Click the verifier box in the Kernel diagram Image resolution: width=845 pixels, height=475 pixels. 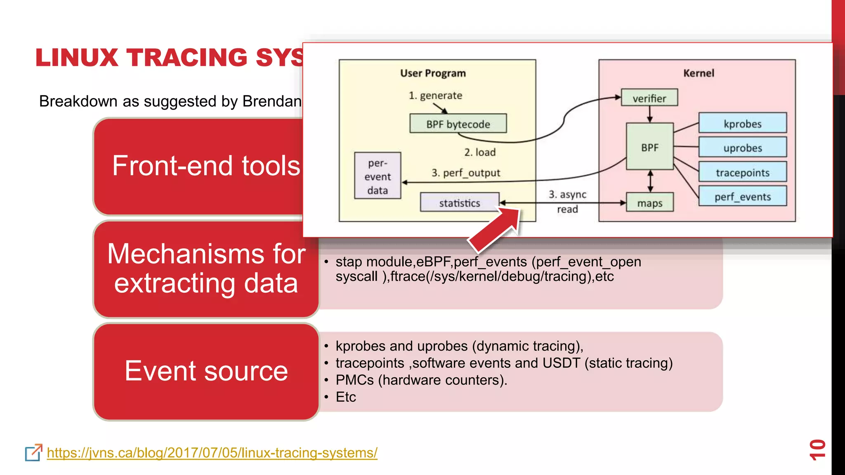[x=649, y=98]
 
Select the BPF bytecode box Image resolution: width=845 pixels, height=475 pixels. [x=458, y=124]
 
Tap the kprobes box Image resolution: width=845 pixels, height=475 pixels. [x=742, y=123]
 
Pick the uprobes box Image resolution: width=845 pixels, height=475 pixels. [x=742, y=148]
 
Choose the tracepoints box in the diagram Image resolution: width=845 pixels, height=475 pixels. [x=742, y=172]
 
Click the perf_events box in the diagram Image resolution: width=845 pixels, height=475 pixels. [x=742, y=197]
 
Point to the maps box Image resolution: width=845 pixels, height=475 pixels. [x=649, y=203]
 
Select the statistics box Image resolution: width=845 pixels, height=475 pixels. [x=459, y=202]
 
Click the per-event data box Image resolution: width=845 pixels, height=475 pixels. [x=378, y=176]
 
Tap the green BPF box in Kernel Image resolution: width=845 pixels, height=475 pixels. [x=649, y=147]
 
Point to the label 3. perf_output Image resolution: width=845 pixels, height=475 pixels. [x=466, y=172]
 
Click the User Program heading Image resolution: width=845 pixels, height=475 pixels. [x=433, y=73]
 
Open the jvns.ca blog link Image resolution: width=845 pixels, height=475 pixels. [x=212, y=453]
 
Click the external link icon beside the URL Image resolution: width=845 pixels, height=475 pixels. [x=33, y=453]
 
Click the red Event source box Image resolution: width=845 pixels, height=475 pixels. [x=206, y=371]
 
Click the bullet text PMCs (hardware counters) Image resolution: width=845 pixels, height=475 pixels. [x=421, y=380]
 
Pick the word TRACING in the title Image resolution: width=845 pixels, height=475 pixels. [x=187, y=57]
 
